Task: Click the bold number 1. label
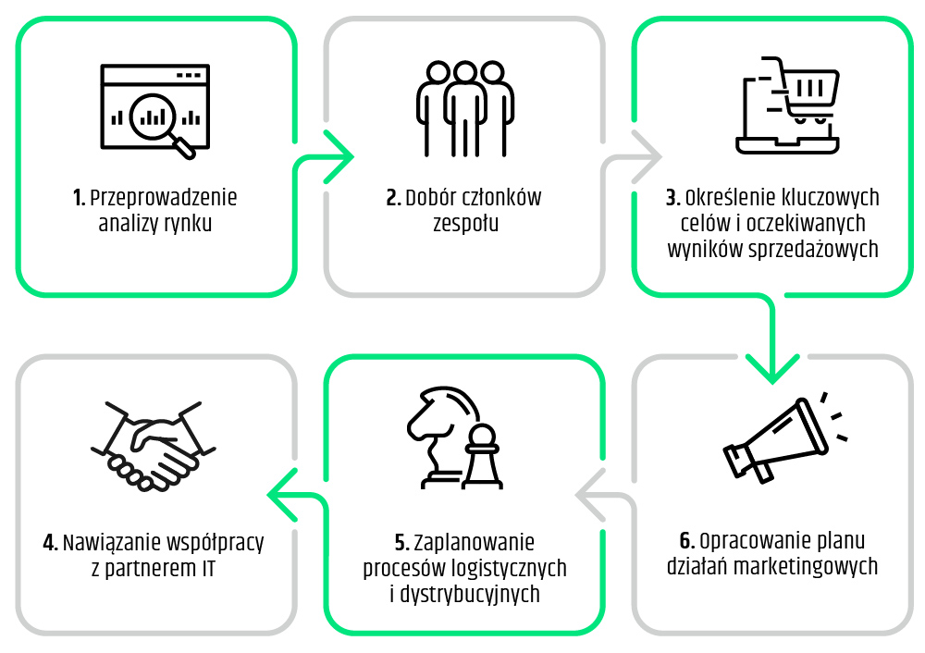coord(80,198)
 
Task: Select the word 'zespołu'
coord(465,223)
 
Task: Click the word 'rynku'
coord(189,223)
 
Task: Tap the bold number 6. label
coord(687,541)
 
